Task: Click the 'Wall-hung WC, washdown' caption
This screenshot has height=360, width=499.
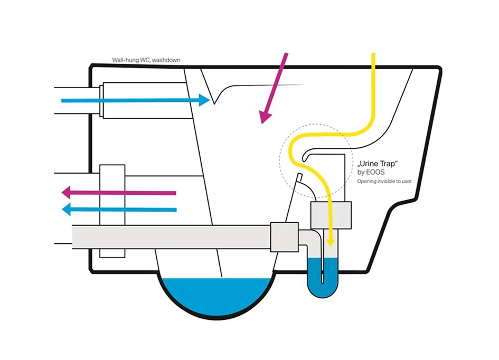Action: click(146, 60)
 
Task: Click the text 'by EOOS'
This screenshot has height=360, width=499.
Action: click(370, 173)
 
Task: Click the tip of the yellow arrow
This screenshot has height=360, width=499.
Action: click(331, 243)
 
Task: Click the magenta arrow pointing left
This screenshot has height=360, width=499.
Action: click(119, 193)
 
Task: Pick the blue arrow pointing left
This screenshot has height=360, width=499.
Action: click(119, 210)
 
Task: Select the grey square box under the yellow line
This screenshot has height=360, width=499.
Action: click(331, 215)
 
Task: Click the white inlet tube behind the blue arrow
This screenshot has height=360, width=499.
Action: click(143, 100)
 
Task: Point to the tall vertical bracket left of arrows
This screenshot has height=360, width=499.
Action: click(112, 211)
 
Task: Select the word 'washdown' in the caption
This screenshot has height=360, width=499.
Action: click(168, 60)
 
